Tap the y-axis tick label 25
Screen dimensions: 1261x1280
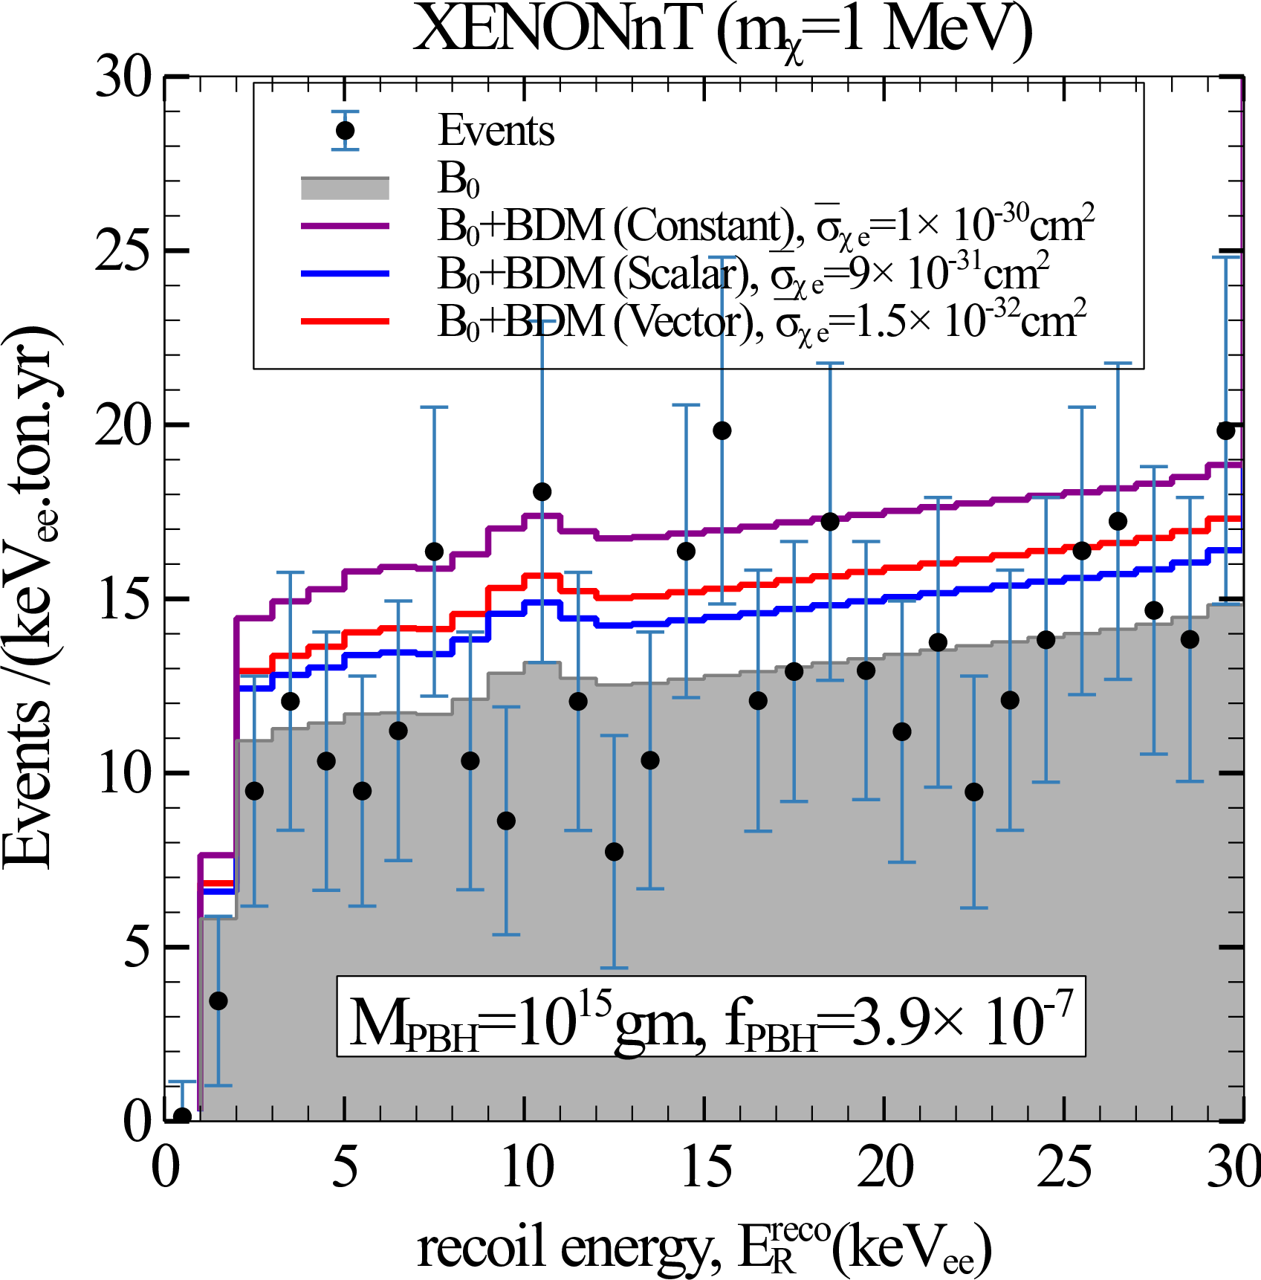[123, 250]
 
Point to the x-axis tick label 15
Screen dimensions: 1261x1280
[705, 1168]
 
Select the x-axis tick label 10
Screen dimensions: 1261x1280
[525, 1168]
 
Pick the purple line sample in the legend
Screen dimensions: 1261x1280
[345, 225]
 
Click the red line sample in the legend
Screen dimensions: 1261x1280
[345, 321]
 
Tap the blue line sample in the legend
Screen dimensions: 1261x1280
[345, 274]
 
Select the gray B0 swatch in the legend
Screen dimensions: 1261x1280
[345, 188]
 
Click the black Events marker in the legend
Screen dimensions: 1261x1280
[345, 131]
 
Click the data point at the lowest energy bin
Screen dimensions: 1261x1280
[182, 1116]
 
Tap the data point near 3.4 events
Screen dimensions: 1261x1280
[218, 1001]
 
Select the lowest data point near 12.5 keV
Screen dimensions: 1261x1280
[615, 852]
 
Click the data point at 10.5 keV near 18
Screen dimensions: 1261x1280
[542, 491]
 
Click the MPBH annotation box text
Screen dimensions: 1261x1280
[711, 1018]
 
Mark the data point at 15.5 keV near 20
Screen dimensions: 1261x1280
[722, 430]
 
